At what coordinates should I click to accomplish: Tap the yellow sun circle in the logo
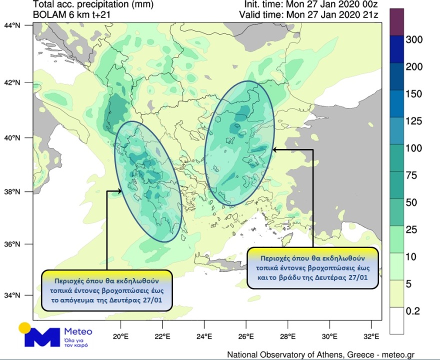click(25, 328)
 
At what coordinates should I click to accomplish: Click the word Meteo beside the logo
click(78, 331)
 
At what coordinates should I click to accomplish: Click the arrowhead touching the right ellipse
click(275, 149)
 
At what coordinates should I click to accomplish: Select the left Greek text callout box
click(107, 290)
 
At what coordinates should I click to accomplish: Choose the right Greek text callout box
click(313, 268)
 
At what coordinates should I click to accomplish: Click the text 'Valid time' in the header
click(260, 14)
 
